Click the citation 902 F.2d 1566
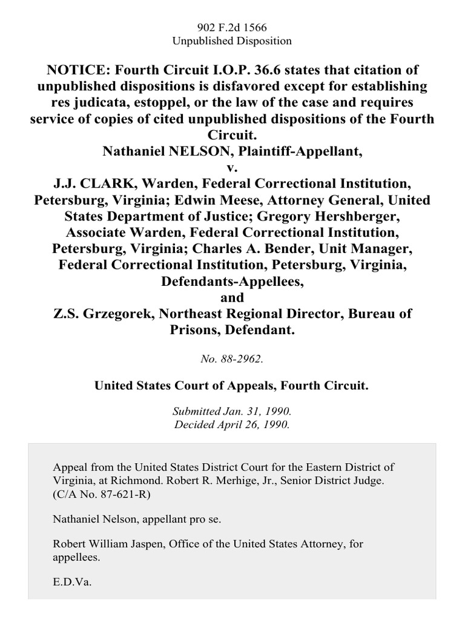coord(232,27)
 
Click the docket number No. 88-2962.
coord(232,358)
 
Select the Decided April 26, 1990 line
coord(232,425)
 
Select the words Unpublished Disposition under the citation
coord(232,41)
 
